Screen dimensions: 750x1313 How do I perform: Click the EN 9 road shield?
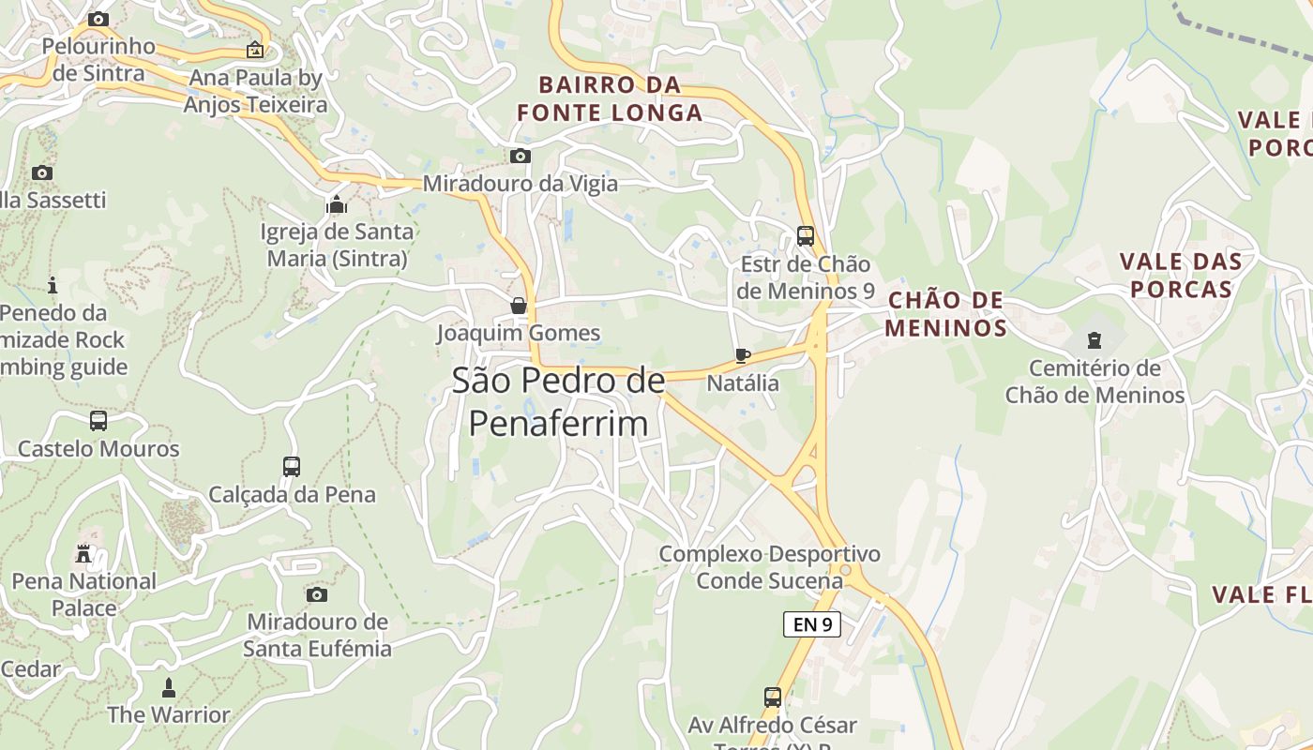click(812, 624)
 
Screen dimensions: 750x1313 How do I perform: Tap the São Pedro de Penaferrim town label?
click(558, 402)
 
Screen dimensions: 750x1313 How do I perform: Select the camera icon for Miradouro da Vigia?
click(520, 156)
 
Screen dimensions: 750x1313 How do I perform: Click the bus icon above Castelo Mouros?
click(98, 421)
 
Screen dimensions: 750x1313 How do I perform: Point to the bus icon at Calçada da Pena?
click(292, 466)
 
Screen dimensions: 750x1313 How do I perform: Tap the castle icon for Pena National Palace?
click(84, 553)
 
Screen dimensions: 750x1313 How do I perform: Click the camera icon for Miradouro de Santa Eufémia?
click(317, 594)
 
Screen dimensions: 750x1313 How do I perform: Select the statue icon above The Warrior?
click(169, 687)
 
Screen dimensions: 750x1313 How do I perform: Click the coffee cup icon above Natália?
click(743, 355)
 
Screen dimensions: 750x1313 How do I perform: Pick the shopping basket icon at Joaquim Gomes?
click(518, 306)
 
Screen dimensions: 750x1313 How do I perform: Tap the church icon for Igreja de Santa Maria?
click(337, 203)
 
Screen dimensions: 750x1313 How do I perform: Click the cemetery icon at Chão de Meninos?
click(1094, 339)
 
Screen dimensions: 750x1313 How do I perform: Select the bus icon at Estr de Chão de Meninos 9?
click(805, 235)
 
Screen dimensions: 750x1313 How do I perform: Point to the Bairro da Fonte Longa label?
click(610, 99)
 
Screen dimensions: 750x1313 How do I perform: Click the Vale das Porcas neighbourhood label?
click(1181, 276)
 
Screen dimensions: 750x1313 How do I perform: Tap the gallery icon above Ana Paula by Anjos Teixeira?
click(254, 50)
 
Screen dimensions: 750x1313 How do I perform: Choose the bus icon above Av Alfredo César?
click(773, 697)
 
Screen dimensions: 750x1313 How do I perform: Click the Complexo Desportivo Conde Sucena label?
click(769, 567)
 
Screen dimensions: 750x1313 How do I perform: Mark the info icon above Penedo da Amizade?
click(53, 285)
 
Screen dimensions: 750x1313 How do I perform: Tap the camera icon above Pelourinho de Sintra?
click(98, 19)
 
